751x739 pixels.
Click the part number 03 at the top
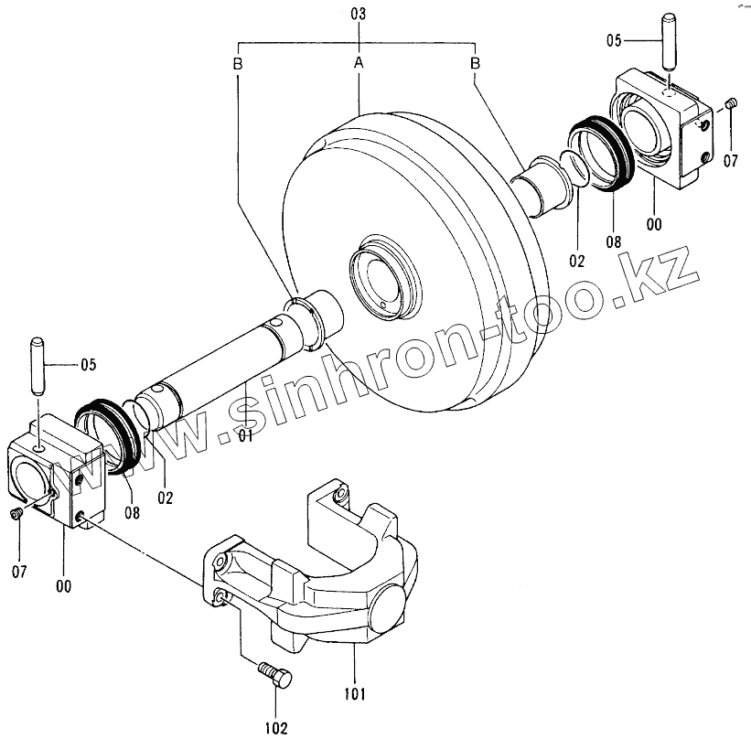coord(359,15)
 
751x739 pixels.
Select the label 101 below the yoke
coord(356,693)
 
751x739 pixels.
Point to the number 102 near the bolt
coord(276,727)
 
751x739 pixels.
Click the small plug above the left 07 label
coord(17,517)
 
